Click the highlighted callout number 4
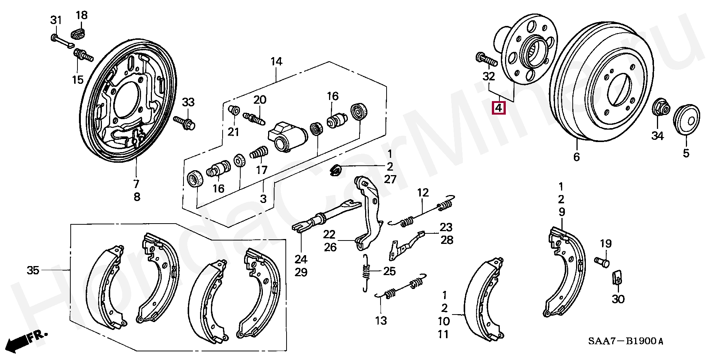tap(498, 108)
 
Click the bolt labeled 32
tap(487, 60)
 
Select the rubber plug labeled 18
tap(79, 32)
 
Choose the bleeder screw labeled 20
tap(255, 117)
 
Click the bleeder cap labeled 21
tap(234, 111)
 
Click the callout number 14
tap(276, 62)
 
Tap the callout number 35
tap(33, 270)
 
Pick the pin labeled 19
tap(602, 261)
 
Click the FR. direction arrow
tap(26, 340)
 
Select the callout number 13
tap(381, 321)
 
